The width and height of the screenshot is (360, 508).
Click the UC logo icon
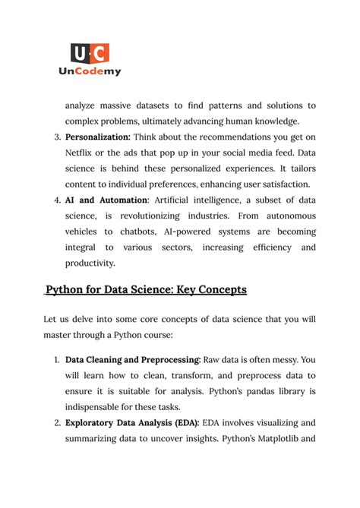[x=90, y=52]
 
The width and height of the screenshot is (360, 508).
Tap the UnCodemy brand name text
[x=90, y=71]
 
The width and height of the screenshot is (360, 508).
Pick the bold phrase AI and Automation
[x=106, y=200]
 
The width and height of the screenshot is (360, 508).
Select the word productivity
[x=90, y=263]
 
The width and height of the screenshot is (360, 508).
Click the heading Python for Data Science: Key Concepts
[x=146, y=290]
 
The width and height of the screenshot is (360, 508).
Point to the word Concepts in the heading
[x=222, y=290]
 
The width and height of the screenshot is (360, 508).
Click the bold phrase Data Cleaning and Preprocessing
[x=133, y=359]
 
